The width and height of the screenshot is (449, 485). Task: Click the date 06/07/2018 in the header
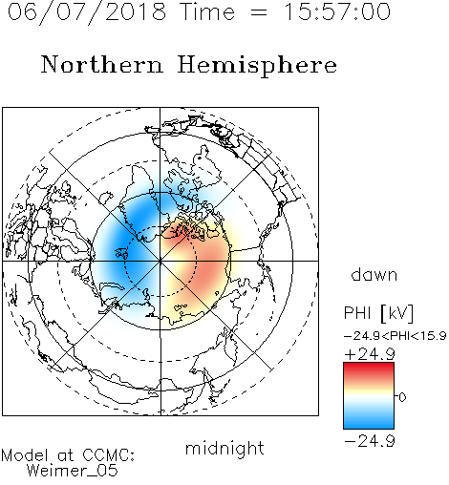pyautogui.click(x=87, y=11)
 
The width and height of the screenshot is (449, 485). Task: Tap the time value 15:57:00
pyautogui.click(x=337, y=11)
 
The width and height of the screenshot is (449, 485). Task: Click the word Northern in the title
pyautogui.click(x=102, y=64)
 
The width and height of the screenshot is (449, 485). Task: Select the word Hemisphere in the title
pyautogui.click(x=257, y=65)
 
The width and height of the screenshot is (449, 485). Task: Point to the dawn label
pyautogui.click(x=374, y=274)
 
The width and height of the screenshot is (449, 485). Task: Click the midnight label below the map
pyautogui.click(x=224, y=449)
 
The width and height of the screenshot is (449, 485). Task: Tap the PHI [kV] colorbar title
pyautogui.click(x=378, y=313)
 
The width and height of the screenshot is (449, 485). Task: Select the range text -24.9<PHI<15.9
pyautogui.click(x=395, y=336)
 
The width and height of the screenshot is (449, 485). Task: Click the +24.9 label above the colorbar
pyautogui.click(x=370, y=354)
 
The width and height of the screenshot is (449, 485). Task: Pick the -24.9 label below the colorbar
pyautogui.click(x=370, y=441)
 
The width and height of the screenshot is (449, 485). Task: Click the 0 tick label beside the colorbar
pyautogui.click(x=402, y=397)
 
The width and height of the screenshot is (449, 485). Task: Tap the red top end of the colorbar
pyautogui.click(x=369, y=366)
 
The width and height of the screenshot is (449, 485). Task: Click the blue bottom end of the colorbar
pyautogui.click(x=369, y=425)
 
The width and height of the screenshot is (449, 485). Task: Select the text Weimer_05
pyautogui.click(x=73, y=471)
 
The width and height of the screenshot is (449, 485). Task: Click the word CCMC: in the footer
pyautogui.click(x=108, y=455)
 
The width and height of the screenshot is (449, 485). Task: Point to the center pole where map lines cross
pyautogui.click(x=160, y=262)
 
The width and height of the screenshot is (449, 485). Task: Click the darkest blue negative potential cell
pyautogui.click(x=127, y=242)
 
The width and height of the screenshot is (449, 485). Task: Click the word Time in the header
pyautogui.click(x=207, y=11)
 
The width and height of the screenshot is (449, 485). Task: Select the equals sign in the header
pyautogui.click(x=259, y=12)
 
